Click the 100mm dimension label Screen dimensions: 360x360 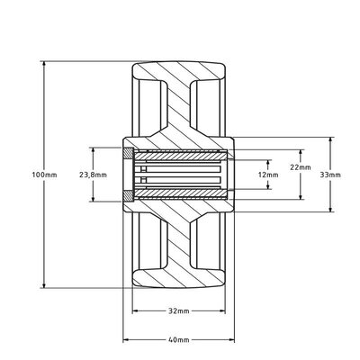(x=44, y=175)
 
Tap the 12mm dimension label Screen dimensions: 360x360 (x=268, y=175)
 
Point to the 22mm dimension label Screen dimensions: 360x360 (x=301, y=167)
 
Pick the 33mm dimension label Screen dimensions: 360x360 (x=330, y=175)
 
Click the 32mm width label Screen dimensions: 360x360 (x=178, y=311)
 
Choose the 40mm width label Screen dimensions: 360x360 (x=178, y=340)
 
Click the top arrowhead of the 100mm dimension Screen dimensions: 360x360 (x=44, y=65)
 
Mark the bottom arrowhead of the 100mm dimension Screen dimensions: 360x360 (x=44, y=284)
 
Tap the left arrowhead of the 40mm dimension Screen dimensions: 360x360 (x=126, y=340)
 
